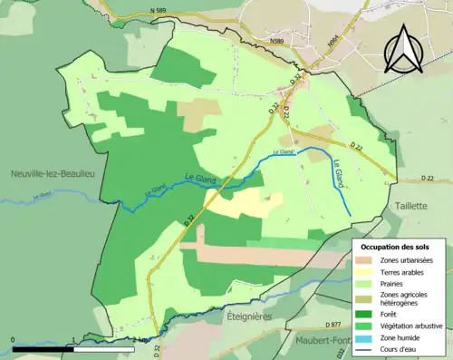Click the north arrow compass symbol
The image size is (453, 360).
coord(403,49)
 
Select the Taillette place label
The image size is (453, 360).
coord(410,206)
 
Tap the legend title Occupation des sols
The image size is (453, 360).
coord(395,247)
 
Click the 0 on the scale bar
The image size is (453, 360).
coord(13,340)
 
